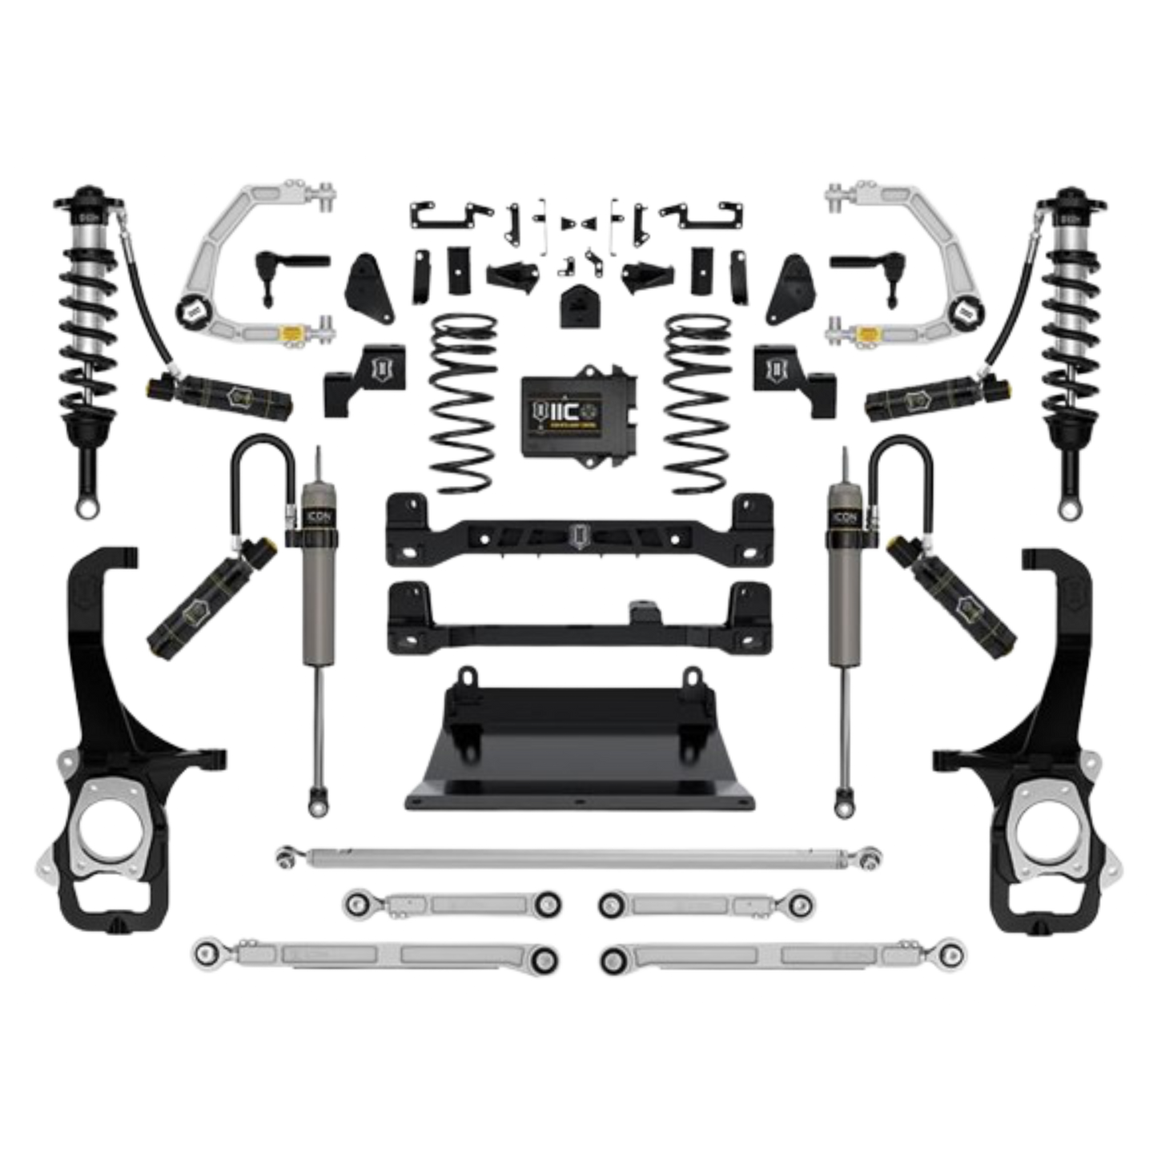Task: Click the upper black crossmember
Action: tap(576, 528)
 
